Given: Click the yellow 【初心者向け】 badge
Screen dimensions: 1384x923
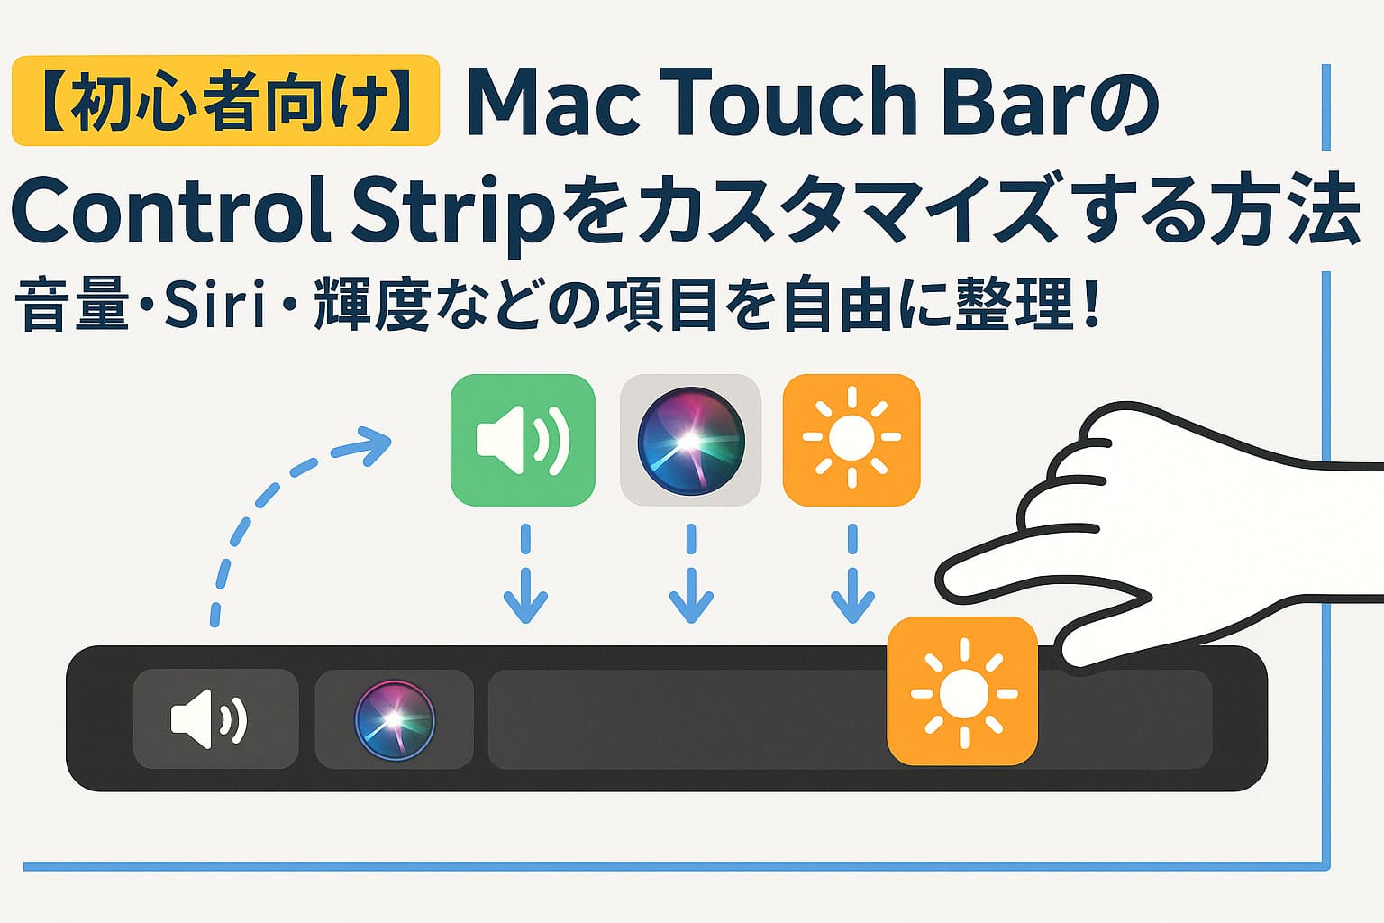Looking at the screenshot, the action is tap(225, 100).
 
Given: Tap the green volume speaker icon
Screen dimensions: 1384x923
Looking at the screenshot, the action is tap(523, 440).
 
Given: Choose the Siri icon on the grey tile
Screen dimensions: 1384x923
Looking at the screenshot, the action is tap(691, 440).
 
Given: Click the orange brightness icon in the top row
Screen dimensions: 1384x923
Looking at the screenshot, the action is tap(851, 440).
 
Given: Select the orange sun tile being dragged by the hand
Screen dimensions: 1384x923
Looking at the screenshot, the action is tap(962, 691).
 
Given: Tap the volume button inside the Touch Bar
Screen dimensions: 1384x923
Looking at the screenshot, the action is tap(216, 719).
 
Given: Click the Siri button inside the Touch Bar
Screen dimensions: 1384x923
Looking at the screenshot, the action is tap(394, 719).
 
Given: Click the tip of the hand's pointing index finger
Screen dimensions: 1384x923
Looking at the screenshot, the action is tap(940, 581).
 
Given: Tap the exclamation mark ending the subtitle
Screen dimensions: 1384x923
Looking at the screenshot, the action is tap(1090, 303).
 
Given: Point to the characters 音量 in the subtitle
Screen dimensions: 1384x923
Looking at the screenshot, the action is tap(72, 304).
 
